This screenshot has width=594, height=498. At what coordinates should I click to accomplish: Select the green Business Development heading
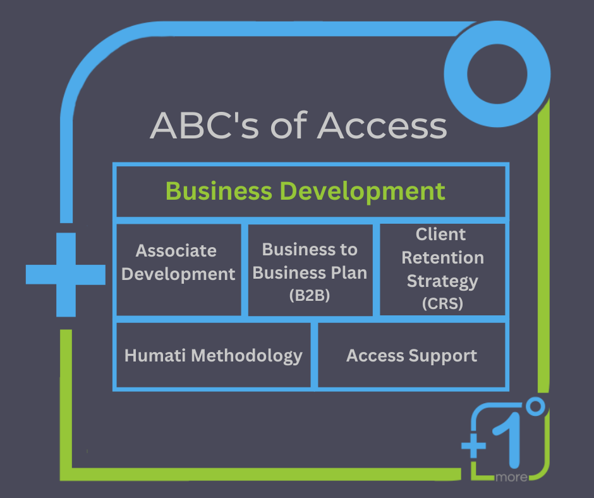305,191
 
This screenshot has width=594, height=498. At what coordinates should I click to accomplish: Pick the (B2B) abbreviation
310,296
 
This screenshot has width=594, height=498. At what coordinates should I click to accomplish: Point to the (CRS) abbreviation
442,303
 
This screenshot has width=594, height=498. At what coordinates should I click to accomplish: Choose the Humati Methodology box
214,355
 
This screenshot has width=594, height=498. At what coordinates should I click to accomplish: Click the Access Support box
412,355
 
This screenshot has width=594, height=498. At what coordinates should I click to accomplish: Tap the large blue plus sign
65,274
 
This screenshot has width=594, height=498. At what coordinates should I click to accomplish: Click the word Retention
442,257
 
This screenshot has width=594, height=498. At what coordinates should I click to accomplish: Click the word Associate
176,250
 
